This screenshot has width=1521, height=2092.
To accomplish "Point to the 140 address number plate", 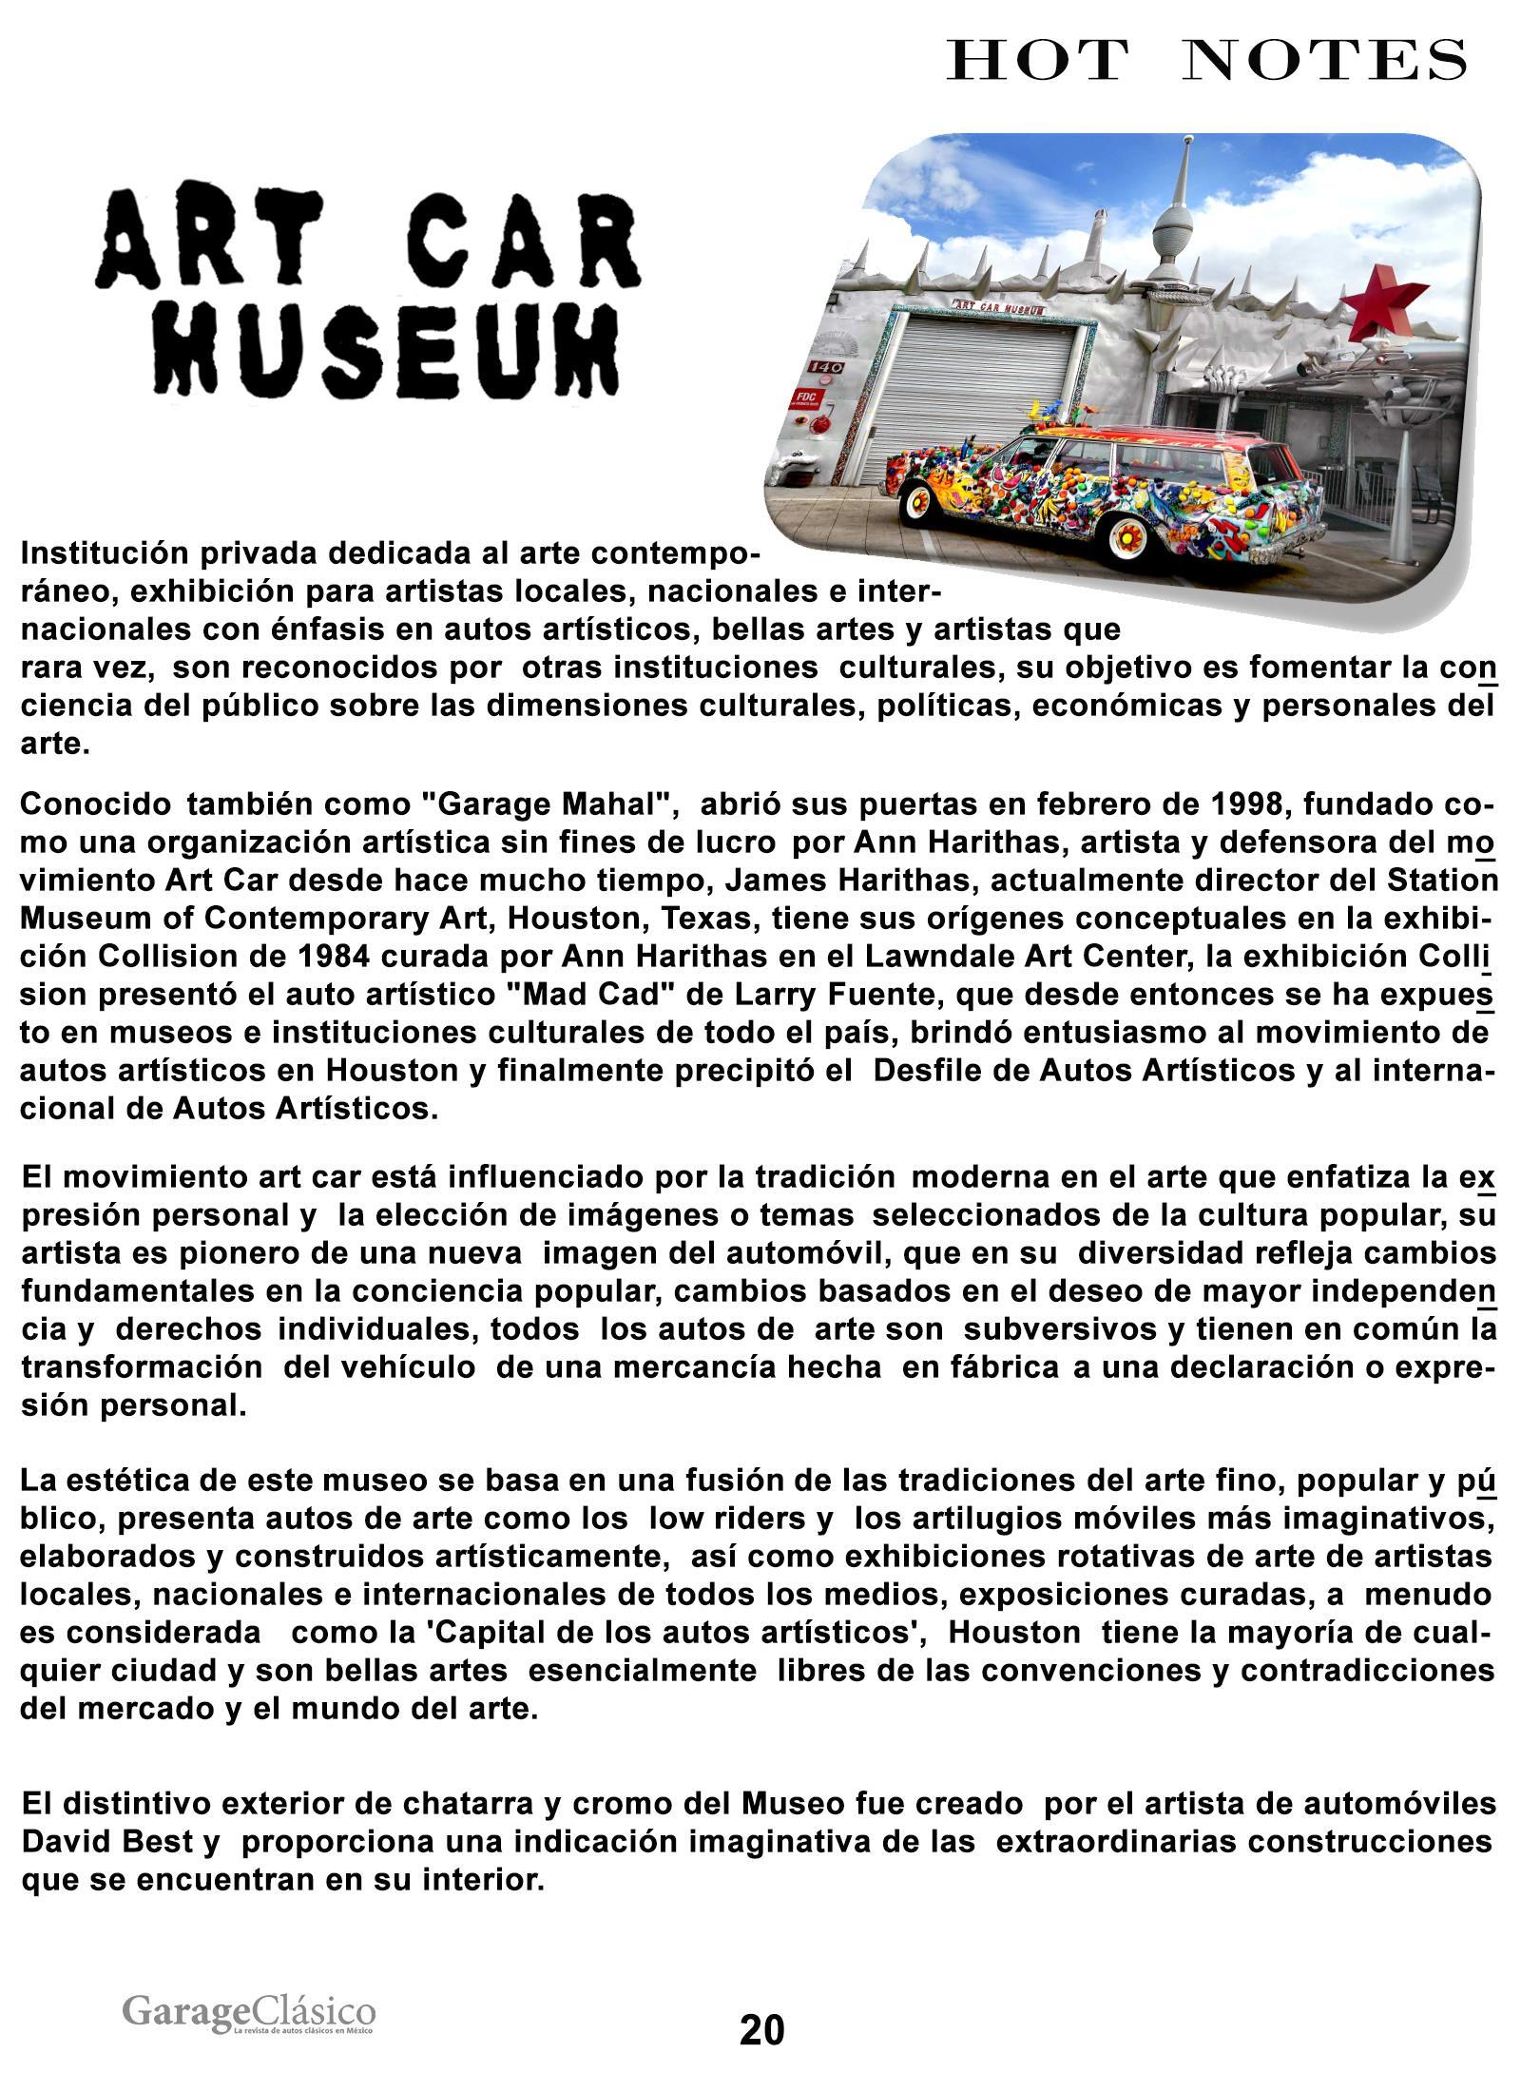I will pos(818,367).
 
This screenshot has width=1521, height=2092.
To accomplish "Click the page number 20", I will pos(761,2030).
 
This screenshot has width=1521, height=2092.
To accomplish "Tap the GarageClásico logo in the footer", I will pos(249,2014).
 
